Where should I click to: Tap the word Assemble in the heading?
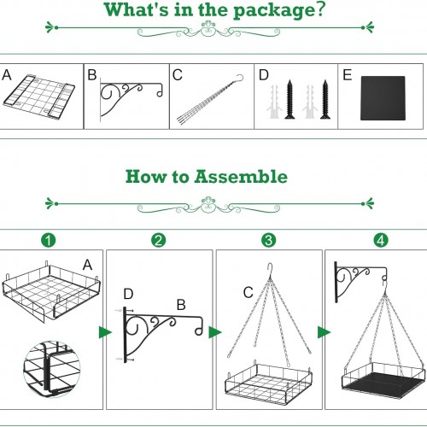pyautogui.click(x=241, y=177)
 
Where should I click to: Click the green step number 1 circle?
pyautogui.click(x=49, y=240)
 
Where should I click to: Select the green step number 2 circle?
pyautogui.click(x=158, y=240)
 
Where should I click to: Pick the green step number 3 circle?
pyautogui.click(x=268, y=240)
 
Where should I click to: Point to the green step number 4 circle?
pyautogui.click(x=381, y=240)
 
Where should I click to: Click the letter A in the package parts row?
pyautogui.click(x=7, y=75)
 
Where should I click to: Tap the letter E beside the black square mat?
pyautogui.click(x=347, y=75)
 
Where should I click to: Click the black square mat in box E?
pyautogui.click(x=383, y=98)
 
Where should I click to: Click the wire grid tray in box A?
pyautogui.click(x=38, y=97)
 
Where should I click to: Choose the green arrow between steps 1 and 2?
pyautogui.click(x=105, y=332)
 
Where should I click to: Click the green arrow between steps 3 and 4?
pyautogui.click(x=324, y=332)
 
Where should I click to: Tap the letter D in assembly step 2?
pyautogui.click(x=128, y=294)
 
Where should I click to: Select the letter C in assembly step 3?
pyautogui.click(x=249, y=293)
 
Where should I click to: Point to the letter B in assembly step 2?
pyautogui.click(x=181, y=305)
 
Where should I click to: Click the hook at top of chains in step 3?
pyautogui.click(x=270, y=270)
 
